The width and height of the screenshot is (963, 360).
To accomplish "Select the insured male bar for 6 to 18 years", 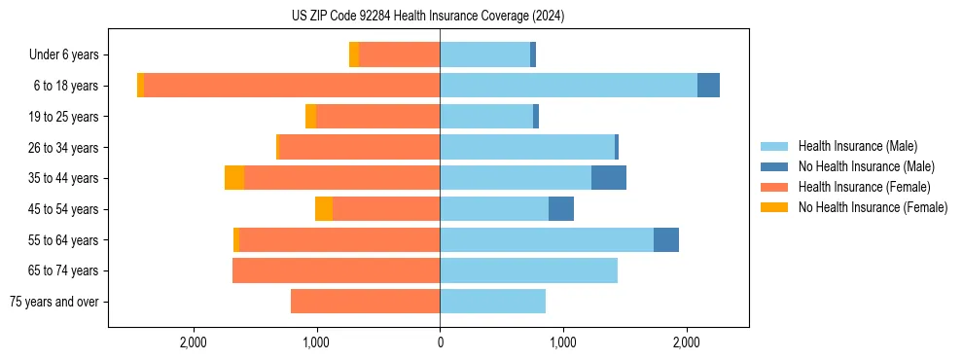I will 568,86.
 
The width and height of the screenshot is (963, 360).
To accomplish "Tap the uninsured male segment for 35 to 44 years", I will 609,178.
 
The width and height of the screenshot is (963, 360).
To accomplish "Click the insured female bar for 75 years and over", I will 365,302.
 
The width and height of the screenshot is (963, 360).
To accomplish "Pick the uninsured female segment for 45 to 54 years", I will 324,209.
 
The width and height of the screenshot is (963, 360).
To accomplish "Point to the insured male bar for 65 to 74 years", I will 528,270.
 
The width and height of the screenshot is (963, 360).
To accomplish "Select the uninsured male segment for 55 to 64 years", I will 666,240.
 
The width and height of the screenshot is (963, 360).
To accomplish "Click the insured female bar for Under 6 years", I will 399,54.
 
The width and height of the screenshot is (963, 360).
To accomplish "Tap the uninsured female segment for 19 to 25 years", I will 310,117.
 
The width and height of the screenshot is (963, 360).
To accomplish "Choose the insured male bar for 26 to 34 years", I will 527,147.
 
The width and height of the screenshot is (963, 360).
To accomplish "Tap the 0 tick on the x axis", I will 440,342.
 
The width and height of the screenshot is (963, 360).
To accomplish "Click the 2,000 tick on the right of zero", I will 686,342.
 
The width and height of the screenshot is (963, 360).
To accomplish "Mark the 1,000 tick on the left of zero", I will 317,342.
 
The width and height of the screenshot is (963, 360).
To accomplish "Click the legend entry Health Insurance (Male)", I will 857,146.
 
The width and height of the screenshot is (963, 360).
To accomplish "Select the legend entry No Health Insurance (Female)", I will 873,207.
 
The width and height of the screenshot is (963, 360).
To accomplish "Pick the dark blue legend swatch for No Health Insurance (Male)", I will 774,166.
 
